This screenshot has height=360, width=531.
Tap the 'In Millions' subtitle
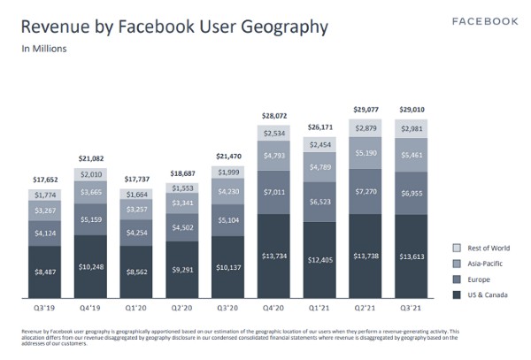pyautogui.click(x=43, y=49)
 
